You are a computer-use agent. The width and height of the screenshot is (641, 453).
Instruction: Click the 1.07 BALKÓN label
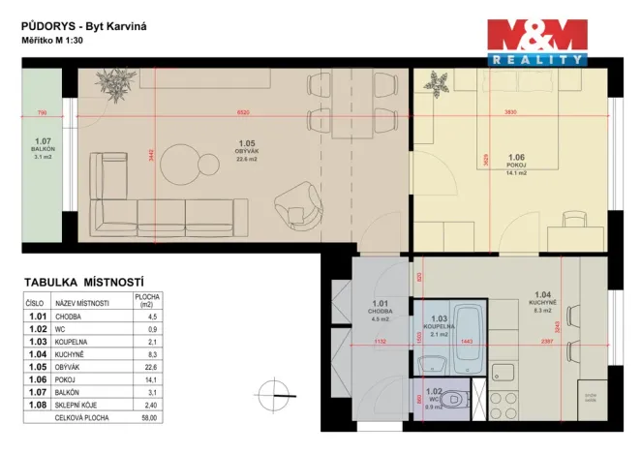(42, 148)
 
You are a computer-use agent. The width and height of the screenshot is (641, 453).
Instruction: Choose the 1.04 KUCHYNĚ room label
(542, 302)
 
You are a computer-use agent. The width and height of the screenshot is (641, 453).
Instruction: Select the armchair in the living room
(299, 204)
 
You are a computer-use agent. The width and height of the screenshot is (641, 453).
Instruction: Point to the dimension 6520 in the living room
(251, 113)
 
